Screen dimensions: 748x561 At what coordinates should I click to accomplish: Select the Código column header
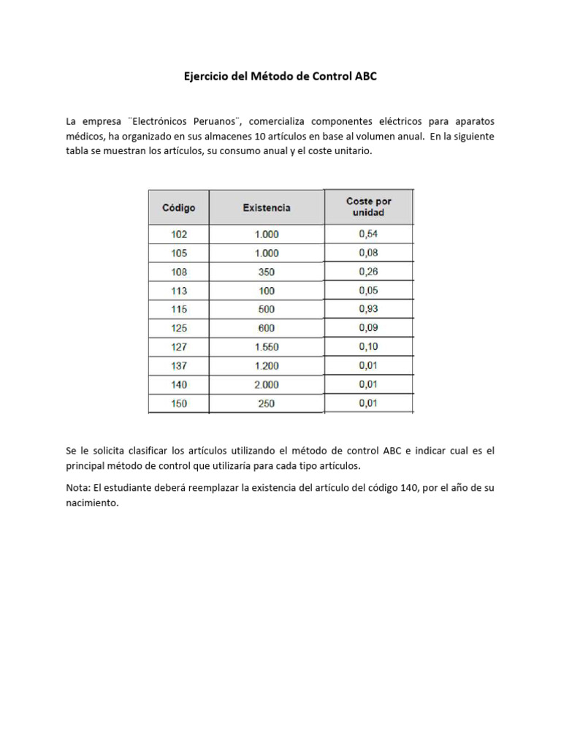pyautogui.click(x=179, y=207)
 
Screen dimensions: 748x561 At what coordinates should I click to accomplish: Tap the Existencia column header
pyautogui.click(x=266, y=207)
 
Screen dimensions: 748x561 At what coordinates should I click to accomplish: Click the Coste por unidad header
pyautogui.click(x=369, y=207)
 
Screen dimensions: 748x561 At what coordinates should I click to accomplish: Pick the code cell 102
pyautogui.click(x=179, y=234)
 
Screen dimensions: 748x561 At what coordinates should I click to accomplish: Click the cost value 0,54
pyautogui.click(x=368, y=234)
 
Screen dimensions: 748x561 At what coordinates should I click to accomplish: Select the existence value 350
pyautogui.click(x=266, y=272)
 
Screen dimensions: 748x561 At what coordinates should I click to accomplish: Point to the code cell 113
pyautogui.click(x=179, y=291)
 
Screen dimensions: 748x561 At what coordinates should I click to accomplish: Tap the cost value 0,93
pyautogui.click(x=368, y=309)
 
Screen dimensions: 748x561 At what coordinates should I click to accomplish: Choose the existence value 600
pyautogui.click(x=266, y=328)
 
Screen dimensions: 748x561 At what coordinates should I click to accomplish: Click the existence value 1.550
pyautogui.click(x=266, y=347)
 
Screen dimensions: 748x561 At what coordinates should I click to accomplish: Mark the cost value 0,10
pyautogui.click(x=368, y=346)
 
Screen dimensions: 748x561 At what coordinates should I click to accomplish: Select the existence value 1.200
pyautogui.click(x=266, y=366)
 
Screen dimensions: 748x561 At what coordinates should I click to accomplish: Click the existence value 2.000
pyautogui.click(x=266, y=384)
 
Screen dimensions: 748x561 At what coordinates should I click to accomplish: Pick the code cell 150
pyautogui.click(x=179, y=403)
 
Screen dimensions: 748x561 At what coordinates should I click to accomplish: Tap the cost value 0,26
pyautogui.click(x=368, y=271)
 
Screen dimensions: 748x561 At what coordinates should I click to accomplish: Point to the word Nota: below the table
pyautogui.click(x=78, y=487)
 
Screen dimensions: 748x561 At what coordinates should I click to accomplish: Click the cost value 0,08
pyautogui.click(x=368, y=253)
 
